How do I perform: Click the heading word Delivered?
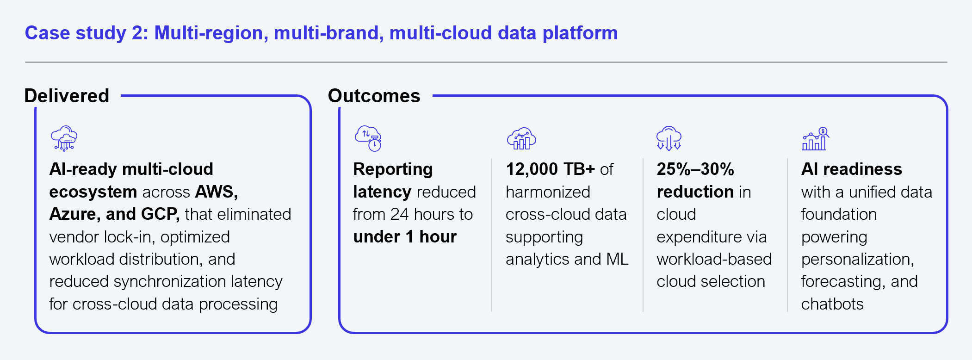[67, 96]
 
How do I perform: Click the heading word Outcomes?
[374, 96]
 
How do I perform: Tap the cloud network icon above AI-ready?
[64, 138]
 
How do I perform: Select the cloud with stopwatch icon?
[368, 138]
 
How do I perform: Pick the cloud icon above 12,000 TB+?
[521, 138]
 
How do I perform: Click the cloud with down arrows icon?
[669, 138]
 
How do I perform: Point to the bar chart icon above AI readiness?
[815, 138]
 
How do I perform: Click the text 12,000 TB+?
[551, 169]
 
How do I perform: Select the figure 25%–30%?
[695, 169]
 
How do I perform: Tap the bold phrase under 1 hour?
[405, 237]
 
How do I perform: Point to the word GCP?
[160, 214]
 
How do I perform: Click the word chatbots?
[832, 304]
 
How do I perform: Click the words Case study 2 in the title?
[87, 33]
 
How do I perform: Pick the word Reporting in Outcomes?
[393, 170]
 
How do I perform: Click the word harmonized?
[548, 192]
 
